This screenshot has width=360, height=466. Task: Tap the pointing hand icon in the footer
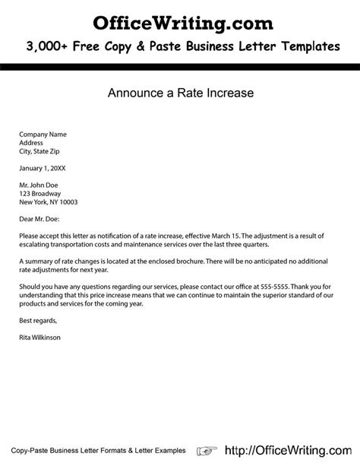207,449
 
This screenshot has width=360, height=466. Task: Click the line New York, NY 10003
49,202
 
